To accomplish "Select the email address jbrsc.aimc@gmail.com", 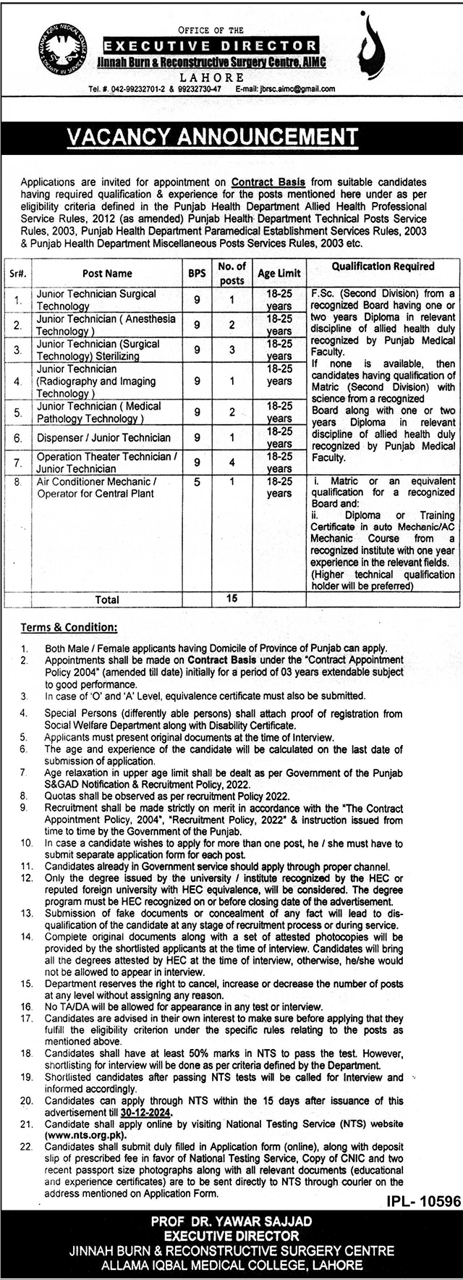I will [x=294, y=89].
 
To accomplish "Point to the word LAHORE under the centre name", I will [x=212, y=77].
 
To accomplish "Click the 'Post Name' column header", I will [x=107, y=274].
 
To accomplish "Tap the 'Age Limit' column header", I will [x=279, y=274].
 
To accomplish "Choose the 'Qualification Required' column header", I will [x=383, y=266].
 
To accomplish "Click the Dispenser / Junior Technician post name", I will [x=103, y=437].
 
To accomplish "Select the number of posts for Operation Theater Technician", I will [x=231, y=462].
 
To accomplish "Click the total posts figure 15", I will [x=231, y=599].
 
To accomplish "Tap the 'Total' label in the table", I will [x=106, y=599].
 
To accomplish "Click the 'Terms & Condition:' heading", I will [x=69, y=627].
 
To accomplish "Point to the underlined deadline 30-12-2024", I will [x=147, y=1112].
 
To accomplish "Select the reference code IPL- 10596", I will [x=419, y=1201].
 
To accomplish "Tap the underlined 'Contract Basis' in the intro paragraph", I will [x=258, y=182].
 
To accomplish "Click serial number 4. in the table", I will [x=17, y=381].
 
